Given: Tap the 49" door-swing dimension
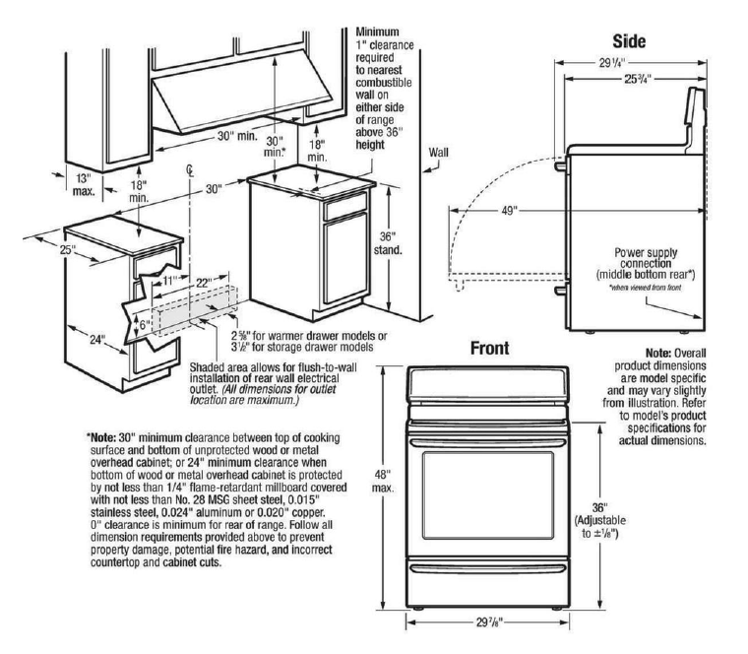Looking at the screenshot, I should tap(508, 210).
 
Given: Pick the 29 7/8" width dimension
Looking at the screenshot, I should tap(489, 621).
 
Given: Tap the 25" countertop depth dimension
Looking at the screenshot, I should tap(39, 251).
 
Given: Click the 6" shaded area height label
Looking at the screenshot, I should tap(146, 323).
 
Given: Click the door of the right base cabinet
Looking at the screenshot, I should tap(340, 265).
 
